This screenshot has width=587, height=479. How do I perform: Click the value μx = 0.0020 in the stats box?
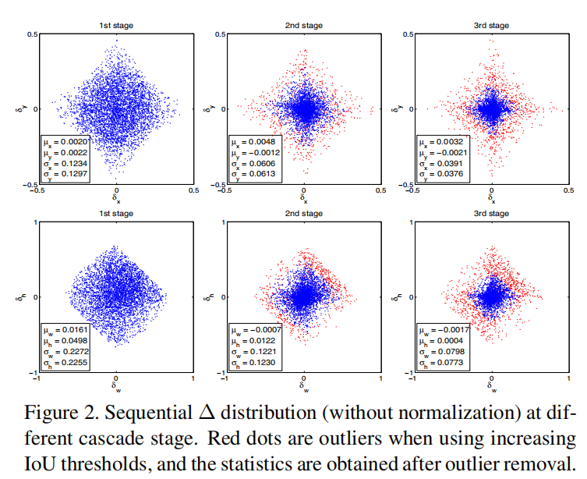pos(65,143)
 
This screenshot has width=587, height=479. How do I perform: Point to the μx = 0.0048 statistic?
pos(253,143)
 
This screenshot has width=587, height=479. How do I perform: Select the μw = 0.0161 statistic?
pos(65,331)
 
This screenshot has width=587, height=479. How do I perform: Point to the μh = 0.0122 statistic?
pos(253,342)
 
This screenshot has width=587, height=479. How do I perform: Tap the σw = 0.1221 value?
pos(253,353)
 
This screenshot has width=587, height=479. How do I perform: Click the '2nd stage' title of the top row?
pos(304,26)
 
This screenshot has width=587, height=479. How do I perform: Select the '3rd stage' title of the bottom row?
pos(492,214)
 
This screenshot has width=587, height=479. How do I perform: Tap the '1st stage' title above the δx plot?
pos(116,26)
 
